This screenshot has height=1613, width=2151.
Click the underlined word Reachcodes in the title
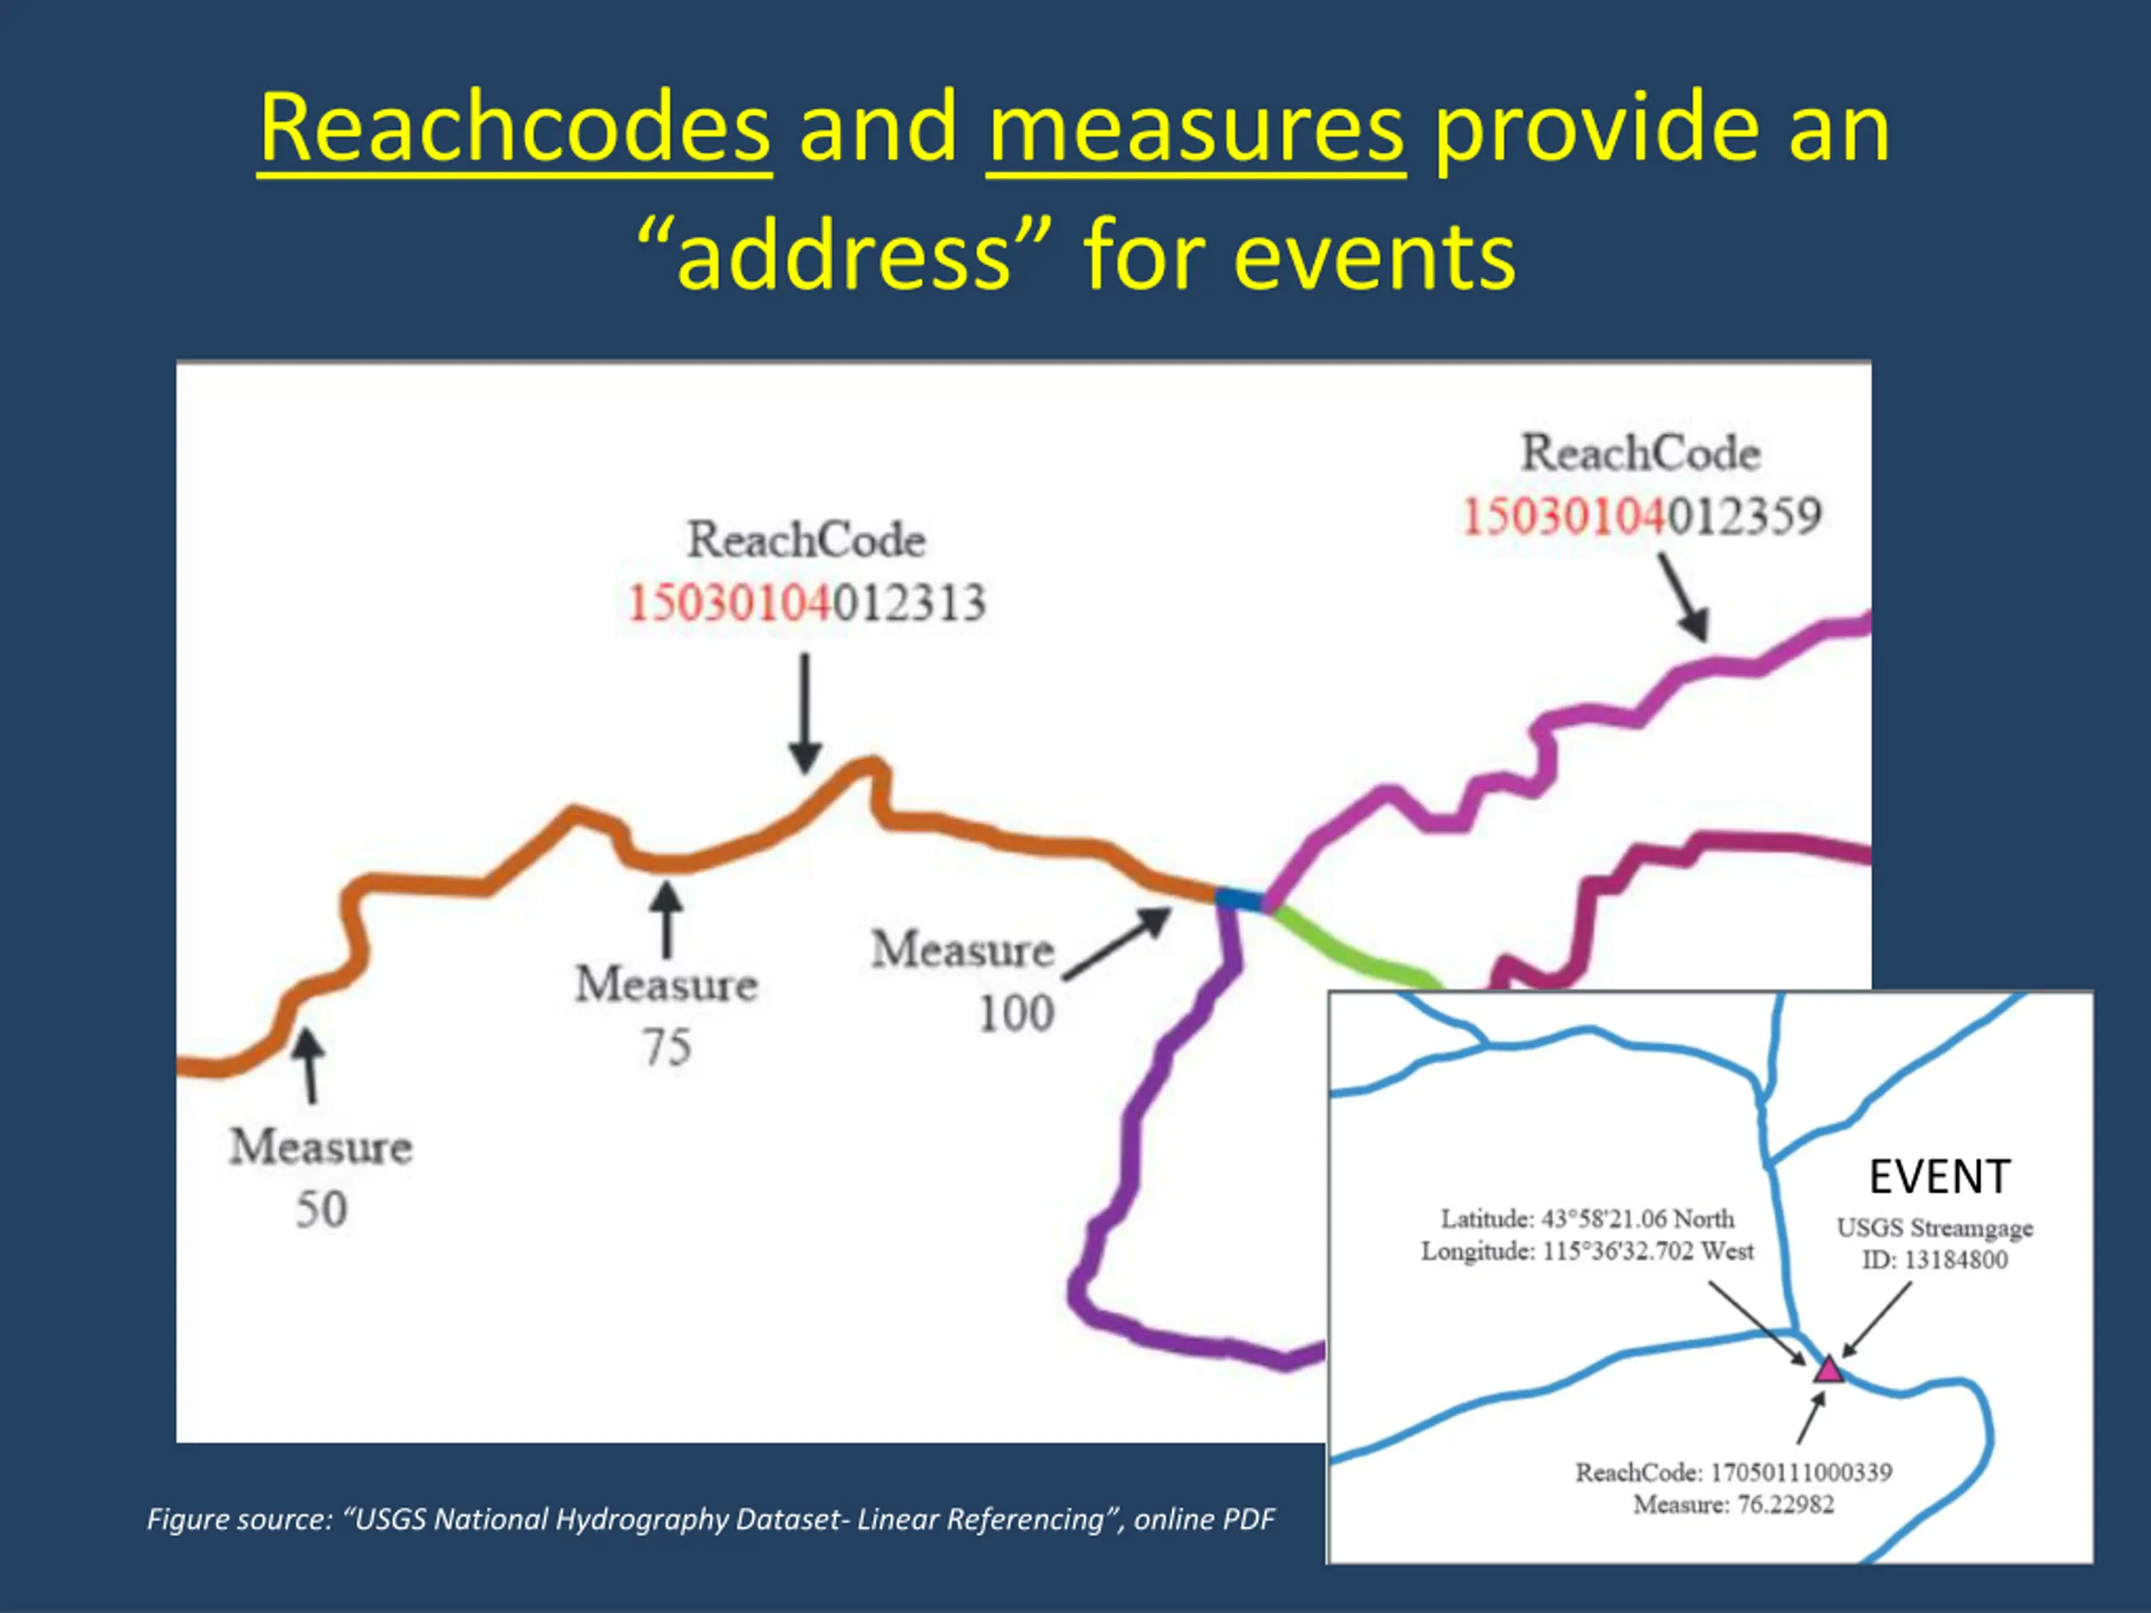514,129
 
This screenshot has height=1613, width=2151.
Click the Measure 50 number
321,1210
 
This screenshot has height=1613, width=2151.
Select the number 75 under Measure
667,1047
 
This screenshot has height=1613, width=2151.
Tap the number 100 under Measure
1015,1013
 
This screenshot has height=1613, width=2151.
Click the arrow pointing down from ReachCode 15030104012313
805,712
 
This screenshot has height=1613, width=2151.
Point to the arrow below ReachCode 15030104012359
1683,596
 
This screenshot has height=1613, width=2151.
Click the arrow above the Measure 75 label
666,920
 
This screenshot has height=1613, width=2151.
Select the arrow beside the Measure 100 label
1118,943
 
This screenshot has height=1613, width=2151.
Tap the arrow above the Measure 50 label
309,1065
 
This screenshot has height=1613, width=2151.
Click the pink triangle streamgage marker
1828,1369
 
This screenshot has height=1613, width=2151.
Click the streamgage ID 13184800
1954,1260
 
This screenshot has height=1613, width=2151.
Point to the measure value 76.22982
1785,1505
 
